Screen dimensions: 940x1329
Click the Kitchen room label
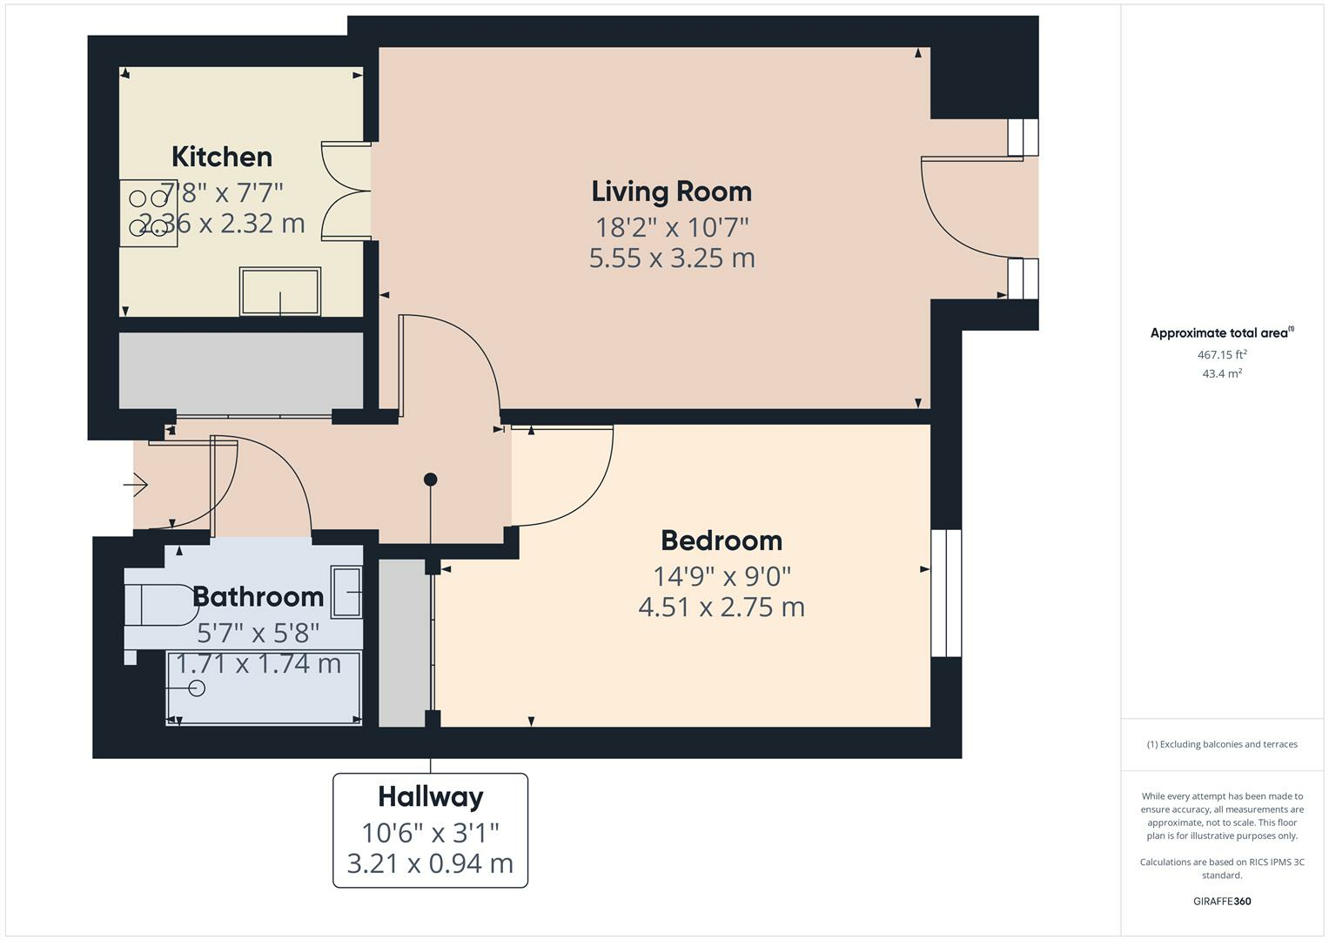[222, 157]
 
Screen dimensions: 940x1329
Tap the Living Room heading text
[671, 191]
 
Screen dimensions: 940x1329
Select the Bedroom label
[722, 540]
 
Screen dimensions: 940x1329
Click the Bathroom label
[258, 597]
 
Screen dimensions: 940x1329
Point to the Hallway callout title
[430, 796]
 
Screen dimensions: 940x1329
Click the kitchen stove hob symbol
[149, 213]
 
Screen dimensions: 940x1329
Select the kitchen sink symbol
[280, 292]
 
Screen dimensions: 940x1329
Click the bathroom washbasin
[347, 592]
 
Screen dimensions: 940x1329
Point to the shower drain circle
[197, 688]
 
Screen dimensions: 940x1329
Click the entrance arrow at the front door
[137, 484]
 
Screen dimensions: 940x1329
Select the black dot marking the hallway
[430, 480]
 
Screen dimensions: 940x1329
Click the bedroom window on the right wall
[946, 593]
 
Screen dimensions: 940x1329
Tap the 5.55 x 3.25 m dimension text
[671, 258]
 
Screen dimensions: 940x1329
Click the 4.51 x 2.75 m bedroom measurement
[722, 607]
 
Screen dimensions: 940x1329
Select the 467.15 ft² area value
[1222, 354]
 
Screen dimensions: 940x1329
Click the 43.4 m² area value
[1222, 373]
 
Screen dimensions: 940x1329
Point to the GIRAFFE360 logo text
[1222, 901]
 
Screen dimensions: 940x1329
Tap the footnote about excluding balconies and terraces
[1222, 744]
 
